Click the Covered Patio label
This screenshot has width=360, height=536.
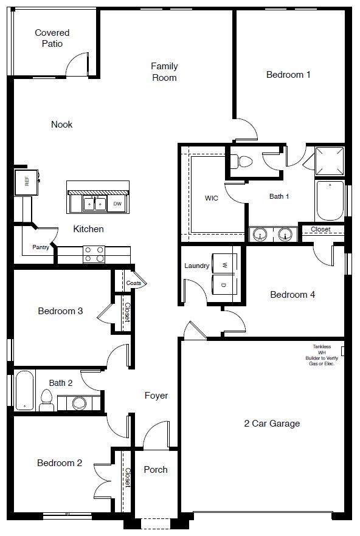(x=52, y=38)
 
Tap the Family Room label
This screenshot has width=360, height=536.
(x=164, y=72)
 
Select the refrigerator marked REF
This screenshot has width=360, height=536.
(x=26, y=181)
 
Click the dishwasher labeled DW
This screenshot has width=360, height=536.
(x=117, y=204)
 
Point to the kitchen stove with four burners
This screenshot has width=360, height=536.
(x=94, y=254)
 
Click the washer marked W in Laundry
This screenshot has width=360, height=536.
(x=224, y=264)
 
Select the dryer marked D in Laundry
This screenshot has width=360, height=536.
(x=224, y=284)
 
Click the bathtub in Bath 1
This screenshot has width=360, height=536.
(x=330, y=201)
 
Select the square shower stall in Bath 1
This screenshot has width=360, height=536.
(x=330, y=160)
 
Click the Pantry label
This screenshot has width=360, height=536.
(x=41, y=247)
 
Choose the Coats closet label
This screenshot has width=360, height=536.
(x=134, y=283)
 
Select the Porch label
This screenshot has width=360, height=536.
(x=156, y=470)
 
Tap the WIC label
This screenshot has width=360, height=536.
(x=212, y=199)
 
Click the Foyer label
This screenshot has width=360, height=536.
(x=156, y=396)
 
